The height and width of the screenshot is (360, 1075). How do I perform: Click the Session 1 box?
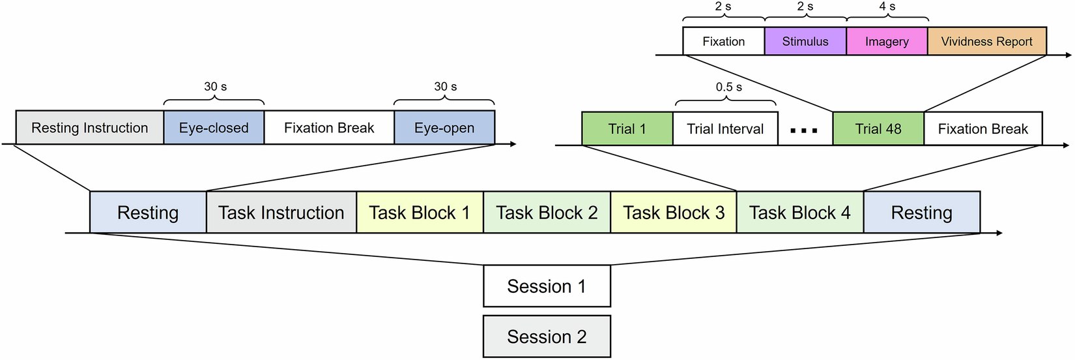point(546,286)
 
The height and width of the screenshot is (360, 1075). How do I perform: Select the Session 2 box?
point(546,337)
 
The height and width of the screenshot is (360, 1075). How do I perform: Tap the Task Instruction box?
point(281,213)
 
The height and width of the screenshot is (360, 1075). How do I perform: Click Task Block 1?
point(420,213)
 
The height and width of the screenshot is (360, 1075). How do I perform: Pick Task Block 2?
point(547,213)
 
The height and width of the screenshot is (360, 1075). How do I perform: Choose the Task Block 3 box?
point(673,213)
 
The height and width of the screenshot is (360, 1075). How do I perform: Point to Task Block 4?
point(799,213)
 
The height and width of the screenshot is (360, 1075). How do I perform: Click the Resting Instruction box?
point(89,128)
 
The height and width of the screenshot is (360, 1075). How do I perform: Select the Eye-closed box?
point(214,128)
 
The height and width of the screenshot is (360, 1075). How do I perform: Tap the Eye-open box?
point(444,128)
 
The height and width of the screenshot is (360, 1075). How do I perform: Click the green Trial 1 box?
point(627,129)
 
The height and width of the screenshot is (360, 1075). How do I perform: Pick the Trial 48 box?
point(878,129)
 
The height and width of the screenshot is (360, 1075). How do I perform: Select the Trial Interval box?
point(725,129)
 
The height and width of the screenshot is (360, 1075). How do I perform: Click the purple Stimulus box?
point(805,41)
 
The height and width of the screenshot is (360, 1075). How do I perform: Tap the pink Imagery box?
point(887,41)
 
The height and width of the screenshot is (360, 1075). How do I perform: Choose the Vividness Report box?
point(986,41)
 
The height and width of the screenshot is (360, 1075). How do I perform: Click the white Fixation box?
point(723,41)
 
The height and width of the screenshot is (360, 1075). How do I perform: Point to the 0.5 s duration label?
point(728,87)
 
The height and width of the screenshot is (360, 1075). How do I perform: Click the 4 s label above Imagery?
point(887,7)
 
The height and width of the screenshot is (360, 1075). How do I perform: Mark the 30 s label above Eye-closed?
point(215,86)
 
